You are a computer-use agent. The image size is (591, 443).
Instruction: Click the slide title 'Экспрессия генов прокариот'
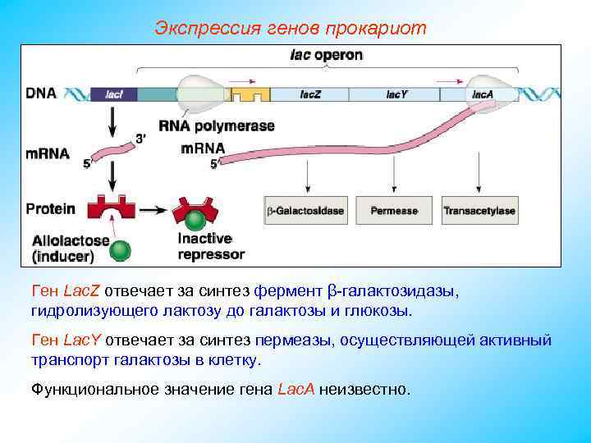coord(291,28)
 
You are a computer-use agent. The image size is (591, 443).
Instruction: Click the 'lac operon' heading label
coord(327,56)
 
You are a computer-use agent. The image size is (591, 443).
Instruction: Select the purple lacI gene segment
coord(114,94)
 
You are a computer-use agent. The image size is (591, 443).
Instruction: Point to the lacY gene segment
coord(397,94)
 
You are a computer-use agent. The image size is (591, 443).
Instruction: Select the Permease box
coord(394,211)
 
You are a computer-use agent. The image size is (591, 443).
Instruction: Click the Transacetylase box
coord(479,211)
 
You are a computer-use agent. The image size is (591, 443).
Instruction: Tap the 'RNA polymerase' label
coord(217,126)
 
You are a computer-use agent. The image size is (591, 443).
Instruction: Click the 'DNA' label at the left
coord(41,93)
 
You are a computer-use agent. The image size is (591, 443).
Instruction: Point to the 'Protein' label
coord(50,208)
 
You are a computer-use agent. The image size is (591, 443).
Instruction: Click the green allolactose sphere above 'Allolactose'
coord(121,250)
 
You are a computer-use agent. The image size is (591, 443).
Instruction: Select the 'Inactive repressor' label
coord(211,246)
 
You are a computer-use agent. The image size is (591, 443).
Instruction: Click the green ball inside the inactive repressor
coord(195,220)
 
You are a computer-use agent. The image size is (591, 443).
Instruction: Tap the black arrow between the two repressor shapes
coord(151,210)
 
